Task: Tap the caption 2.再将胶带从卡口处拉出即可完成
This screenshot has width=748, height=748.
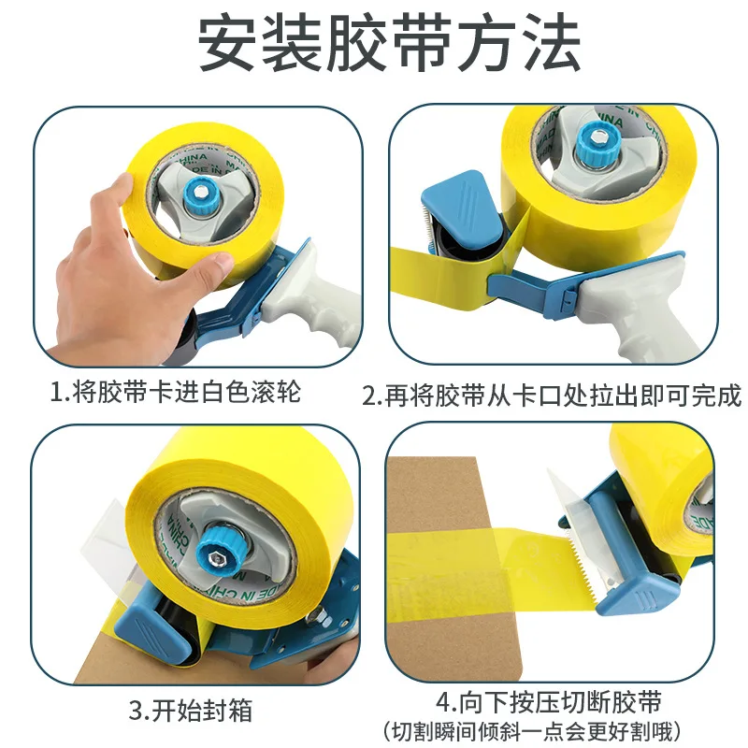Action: (552, 395)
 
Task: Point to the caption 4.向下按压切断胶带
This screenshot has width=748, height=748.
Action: (553, 700)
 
